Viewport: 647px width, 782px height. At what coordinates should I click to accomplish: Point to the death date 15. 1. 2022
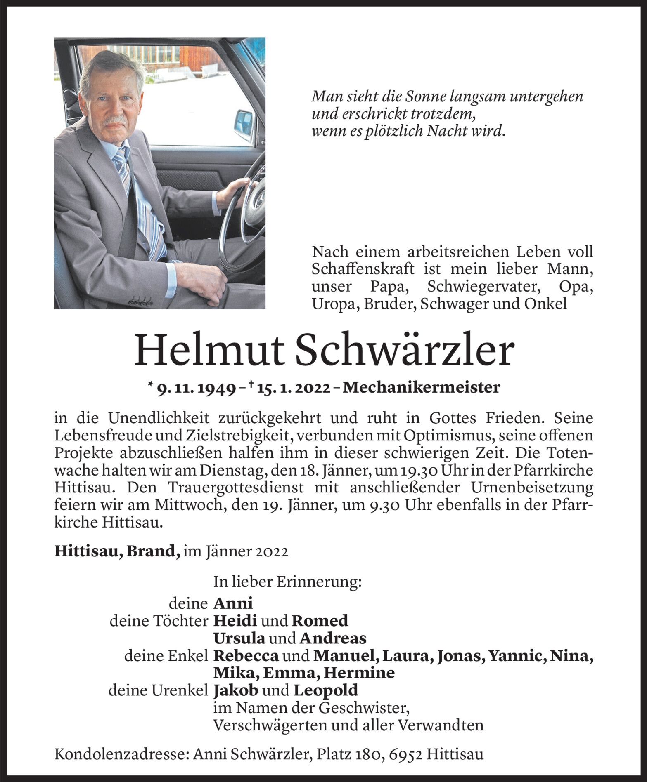click(293, 388)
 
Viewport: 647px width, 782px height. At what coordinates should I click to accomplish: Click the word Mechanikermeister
click(422, 388)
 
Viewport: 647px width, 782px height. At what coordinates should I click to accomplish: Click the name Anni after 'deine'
click(233, 603)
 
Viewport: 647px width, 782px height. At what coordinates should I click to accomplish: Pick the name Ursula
click(239, 638)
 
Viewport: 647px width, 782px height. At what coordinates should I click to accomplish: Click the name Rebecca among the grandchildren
click(246, 655)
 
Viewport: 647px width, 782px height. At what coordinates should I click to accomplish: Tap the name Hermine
click(359, 673)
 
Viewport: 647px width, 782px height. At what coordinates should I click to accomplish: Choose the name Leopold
click(326, 690)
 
